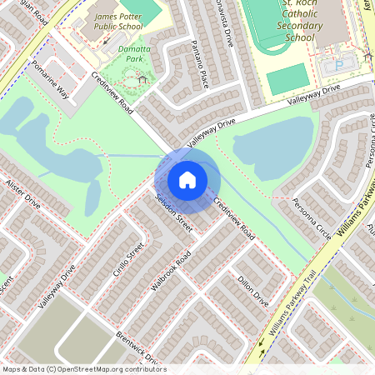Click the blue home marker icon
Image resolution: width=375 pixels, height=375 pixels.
187,179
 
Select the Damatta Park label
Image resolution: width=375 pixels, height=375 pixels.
134,56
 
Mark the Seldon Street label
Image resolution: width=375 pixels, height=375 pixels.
174,213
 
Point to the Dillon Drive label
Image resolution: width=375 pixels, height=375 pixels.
252,290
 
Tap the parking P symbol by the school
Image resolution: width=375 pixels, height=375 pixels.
338,64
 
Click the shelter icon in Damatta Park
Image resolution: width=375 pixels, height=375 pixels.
142,80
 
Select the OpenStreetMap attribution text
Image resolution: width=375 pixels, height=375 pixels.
83,369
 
